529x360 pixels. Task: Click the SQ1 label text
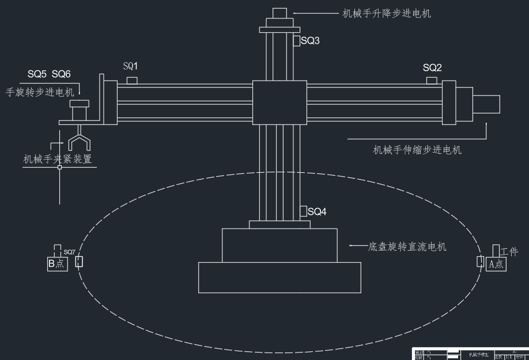click(131, 67)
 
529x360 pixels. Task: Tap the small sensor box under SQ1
click(131, 80)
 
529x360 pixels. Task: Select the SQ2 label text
click(432, 67)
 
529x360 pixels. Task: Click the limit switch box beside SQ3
click(296, 41)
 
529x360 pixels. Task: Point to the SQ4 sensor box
click(303, 211)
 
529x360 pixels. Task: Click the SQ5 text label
click(38, 74)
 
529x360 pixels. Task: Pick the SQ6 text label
click(61, 74)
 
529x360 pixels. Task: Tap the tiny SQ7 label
click(69, 252)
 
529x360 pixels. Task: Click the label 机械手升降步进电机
click(387, 13)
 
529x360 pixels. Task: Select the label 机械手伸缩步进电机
click(417, 150)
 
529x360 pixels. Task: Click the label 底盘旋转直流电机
click(407, 247)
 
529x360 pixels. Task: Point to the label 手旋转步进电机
click(40, 92)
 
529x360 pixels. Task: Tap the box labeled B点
click(58, 264)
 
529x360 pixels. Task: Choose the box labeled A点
click(496, 264)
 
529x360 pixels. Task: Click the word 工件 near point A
click(509, 252)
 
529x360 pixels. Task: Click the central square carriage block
click(279, 102)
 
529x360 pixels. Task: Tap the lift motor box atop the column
click(279, 13)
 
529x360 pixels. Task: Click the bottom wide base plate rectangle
click(279, 277)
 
